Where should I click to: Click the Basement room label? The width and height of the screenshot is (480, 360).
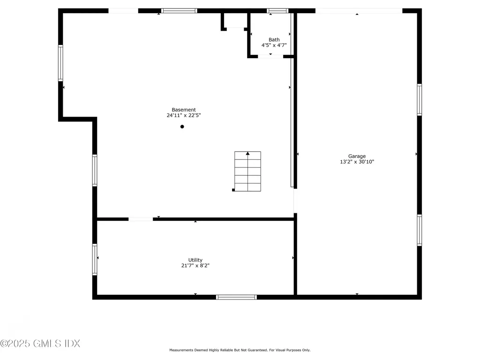pyautogui.click(x=184, y=110)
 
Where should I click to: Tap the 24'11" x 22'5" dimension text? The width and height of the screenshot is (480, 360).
pyautogui.click(x=184, y=115)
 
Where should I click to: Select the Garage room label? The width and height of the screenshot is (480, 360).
pyautogui.click(x=357, y=156)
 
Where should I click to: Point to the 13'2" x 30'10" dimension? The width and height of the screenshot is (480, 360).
pyautogui.click(x=357, y=162)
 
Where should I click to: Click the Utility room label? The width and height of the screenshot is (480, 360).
pyautogui.click(x=195, y=260)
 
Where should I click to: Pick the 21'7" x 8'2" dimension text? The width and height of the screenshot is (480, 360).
pyautogui.click(x=195, y=265)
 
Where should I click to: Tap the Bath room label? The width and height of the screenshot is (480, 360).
pyautogui.click(x=274, y=39)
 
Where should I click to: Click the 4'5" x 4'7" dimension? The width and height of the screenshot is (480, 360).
pyautogui.click(x=274, y=45)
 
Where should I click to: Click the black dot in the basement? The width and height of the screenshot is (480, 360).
pyautogui.click(x=182, y=127)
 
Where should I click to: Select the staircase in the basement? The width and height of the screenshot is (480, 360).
pyautogui.click(x=247, y=172)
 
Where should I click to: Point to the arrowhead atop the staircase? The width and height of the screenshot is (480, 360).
pyautogui.click(x=247, y=153)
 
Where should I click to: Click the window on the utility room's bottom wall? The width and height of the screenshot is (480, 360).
pyautogui.click(x=236, y=297)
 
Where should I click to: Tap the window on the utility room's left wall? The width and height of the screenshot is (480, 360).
pyautogui.click(x=95, y=259)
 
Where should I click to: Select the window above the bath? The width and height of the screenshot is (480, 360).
pyautogui.click(x=277, y=11)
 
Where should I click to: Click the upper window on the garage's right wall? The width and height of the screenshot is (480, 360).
pyautogui.click(x=420, y=100)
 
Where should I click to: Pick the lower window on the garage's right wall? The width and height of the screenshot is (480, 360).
pyautogui.click(x=420, y=230)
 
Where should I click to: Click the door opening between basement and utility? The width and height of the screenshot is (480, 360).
pyautogui.click(x=141, y=219)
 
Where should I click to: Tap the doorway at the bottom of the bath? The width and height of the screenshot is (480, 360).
pyautogui.click(x=270, y=57)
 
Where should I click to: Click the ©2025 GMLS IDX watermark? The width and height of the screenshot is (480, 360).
pyautogui.click(x=40, y=344)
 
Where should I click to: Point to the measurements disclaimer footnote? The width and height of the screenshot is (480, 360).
pyautogui.click(x=240, y=350)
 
